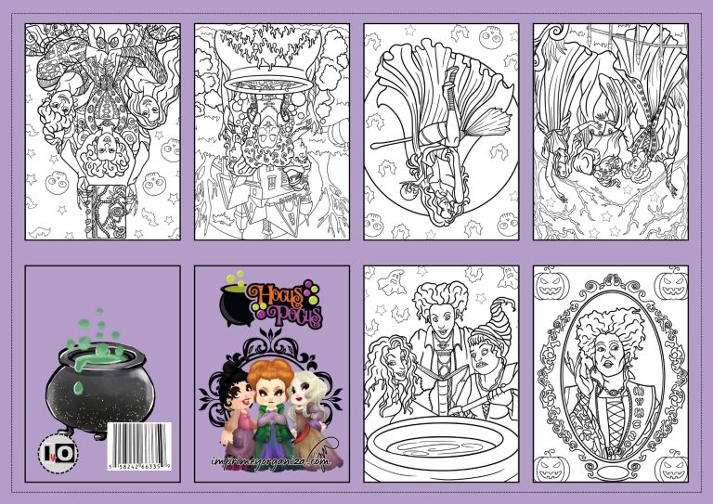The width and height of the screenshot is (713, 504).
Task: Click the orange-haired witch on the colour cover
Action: (x=270, y=399)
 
